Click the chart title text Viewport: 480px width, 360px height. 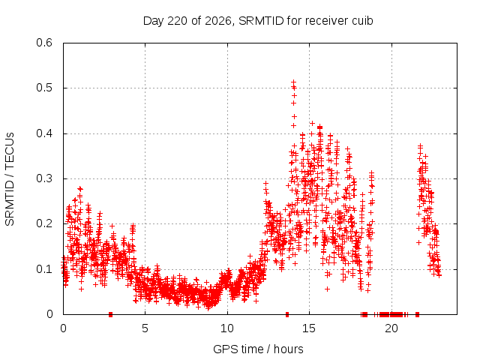click(x=258, y=21)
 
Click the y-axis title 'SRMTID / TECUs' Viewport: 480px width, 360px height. click(x=10, y=179)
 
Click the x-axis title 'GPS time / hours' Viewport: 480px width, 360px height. click(x=258, y=349)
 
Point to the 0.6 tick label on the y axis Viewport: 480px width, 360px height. click(x=44, y=43)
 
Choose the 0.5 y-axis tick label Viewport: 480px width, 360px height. click(x=44, y=88)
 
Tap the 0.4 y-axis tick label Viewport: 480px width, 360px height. click(x=44, y=133)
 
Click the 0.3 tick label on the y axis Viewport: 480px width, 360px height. click(x=44, y=178)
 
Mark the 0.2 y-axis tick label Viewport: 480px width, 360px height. click(x=44, y=223)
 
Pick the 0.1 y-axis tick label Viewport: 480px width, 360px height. click(x=44, y=269)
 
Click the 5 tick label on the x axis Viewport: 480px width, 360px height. click(x=145, y=328)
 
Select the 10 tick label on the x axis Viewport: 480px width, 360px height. click(x=227, y=328)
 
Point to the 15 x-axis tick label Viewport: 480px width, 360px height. click(x=309, y=328)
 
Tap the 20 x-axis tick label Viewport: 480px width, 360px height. click(x=391, y=328)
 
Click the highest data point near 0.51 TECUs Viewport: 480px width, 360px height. click(x=293, y=82)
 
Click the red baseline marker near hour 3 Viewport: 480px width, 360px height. click(x=110, y=314)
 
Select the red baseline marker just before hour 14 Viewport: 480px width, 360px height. click(x=287, y=314)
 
